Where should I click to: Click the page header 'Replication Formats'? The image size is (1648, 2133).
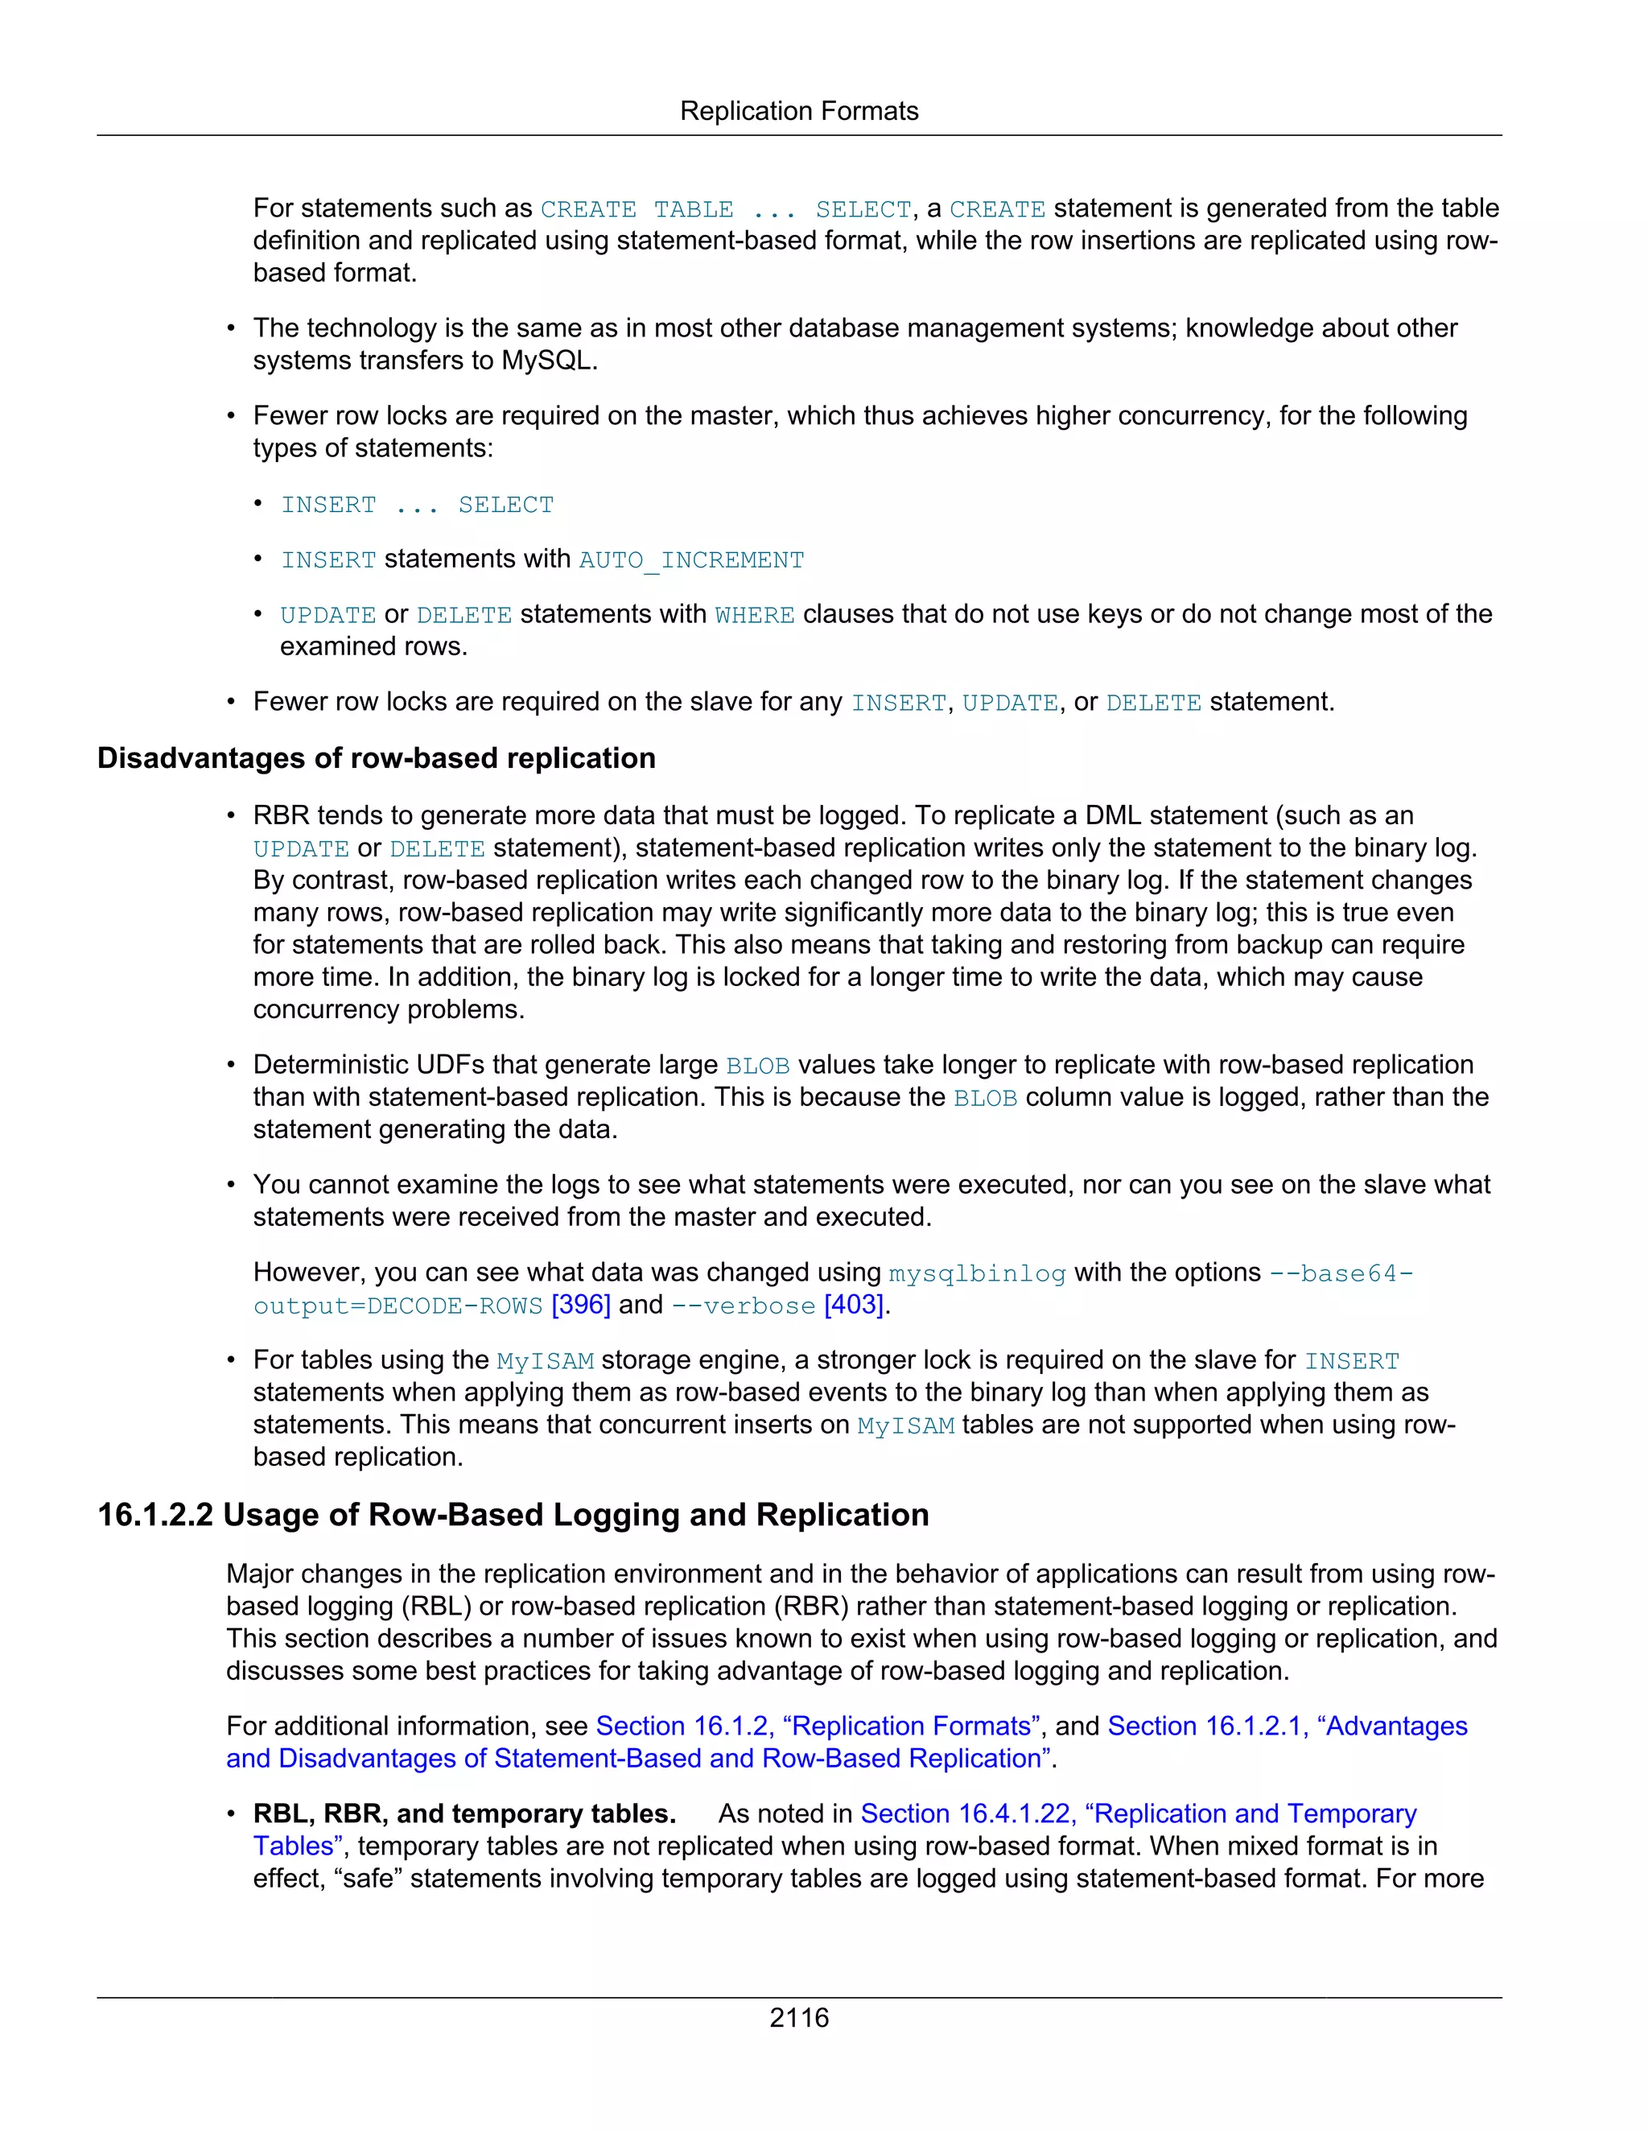click(798, 111)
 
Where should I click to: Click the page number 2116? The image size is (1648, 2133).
click(798, 2017)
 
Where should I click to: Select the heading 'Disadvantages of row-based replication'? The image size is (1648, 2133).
click(376, 758)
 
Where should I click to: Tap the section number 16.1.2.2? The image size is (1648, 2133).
click(155, 1514)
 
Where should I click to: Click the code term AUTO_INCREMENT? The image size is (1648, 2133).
click(691, 559)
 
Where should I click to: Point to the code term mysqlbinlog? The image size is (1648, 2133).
click(977, 1273)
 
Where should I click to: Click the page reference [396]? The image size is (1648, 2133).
click(581, 1305)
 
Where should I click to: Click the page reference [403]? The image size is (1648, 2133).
click(855, 1305)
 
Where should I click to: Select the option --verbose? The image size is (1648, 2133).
click(743, 1306)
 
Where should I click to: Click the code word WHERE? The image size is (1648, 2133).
click(755, 615)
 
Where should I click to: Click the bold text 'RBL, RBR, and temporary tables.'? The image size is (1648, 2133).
click(465, 1813)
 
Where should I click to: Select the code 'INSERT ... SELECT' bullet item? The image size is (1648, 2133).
click(417, 505)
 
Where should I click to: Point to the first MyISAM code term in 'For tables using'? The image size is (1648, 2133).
click(545, 1360)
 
